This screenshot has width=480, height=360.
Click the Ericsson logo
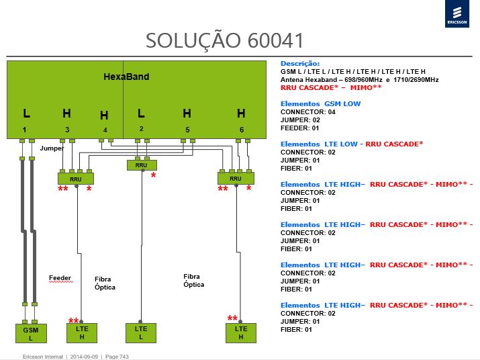point(457,14)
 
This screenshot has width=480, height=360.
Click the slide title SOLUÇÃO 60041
point(224,40)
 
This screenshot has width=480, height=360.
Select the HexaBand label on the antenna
point(126,77)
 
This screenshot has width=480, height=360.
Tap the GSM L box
point(31,333)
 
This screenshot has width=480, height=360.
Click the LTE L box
point(141,332)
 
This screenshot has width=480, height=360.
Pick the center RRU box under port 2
point(142,165)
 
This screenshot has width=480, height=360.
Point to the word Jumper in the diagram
point(52,148)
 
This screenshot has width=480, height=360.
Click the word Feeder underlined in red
point(60,278)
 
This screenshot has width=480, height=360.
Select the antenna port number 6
point(242,130)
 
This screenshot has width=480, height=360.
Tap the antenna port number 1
point(24,130)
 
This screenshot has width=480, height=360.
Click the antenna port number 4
point(105,130)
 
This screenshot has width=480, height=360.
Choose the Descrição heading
point(300,64)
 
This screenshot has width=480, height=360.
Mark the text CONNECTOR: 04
point(308,112)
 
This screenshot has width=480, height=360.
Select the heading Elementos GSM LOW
point(320,104)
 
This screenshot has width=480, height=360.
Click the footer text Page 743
point(117,357)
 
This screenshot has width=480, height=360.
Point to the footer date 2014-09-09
point(84,357)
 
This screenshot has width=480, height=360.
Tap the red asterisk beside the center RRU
point(153,175)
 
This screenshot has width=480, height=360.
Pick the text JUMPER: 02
point(300,120)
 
